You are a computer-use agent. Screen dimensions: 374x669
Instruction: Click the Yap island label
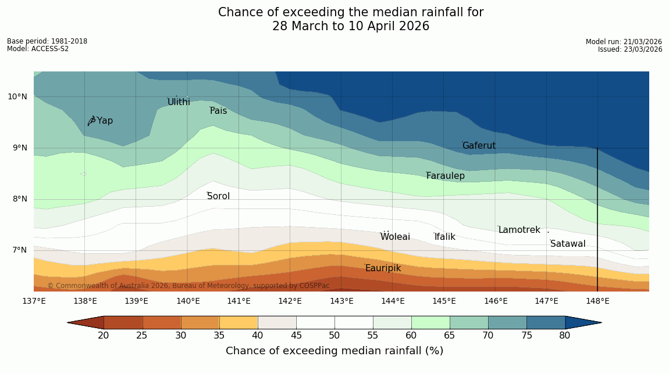point(105,121)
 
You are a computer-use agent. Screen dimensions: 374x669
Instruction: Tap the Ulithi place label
point(179,102)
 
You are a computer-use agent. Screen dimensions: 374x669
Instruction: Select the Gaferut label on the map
point(479,146)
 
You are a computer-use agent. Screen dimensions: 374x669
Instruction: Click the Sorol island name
point(218,196)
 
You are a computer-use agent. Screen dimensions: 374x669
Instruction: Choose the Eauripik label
point(383,268)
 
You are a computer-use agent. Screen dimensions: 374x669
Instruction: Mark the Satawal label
point(568,244)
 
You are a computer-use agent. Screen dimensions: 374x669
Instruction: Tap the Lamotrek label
point(519,230)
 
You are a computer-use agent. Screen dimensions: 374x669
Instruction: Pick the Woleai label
point(395,237)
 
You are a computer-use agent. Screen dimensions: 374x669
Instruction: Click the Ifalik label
point(444,237)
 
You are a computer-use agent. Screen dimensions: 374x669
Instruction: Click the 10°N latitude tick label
point(17,96)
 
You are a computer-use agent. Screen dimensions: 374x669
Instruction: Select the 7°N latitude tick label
point(19,250)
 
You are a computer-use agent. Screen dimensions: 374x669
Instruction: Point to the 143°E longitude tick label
point(341,301)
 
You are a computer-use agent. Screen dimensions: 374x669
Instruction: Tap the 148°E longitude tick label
point(597,301)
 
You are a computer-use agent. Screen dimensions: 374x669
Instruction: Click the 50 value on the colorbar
point(334,336)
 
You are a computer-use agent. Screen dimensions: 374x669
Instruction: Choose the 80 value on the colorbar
point(564,336)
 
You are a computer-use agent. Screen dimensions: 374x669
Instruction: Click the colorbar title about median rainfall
point(334,351)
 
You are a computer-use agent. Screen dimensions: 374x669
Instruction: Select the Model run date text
point(624,42)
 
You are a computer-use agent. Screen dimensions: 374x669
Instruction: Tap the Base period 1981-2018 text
point(47,41)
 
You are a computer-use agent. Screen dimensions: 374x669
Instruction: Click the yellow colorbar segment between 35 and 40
point(239,322)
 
